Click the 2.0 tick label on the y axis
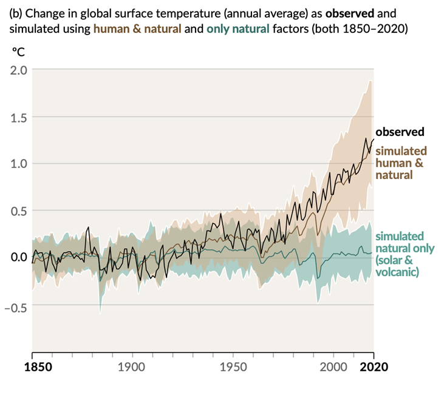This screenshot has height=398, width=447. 18,69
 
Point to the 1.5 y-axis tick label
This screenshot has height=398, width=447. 18,116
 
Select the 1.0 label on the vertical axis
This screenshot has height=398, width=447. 18,163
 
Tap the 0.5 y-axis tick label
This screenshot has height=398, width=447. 18,211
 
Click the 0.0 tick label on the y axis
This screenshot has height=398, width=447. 18,257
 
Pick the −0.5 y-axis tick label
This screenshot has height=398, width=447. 16,305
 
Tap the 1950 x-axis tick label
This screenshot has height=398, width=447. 233,366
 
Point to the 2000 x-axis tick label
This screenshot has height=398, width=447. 333,366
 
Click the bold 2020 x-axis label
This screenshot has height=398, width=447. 372,366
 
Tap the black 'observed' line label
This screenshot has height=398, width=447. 400,132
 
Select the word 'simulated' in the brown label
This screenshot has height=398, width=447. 401,150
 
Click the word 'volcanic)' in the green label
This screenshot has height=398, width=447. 398,272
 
